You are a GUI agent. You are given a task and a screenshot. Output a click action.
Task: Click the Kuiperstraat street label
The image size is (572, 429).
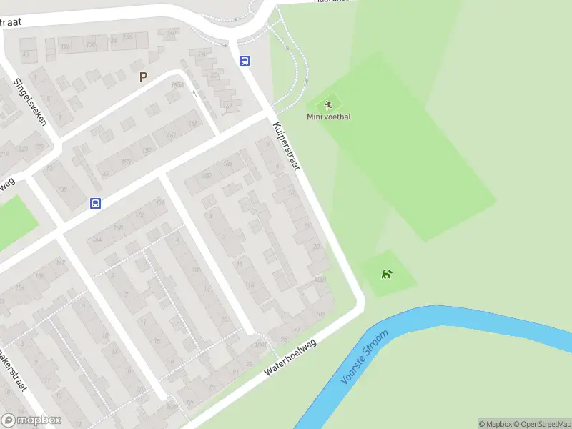[x=286, y=146]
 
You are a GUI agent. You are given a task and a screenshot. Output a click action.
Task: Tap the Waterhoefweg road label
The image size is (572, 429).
[x=290, y=357]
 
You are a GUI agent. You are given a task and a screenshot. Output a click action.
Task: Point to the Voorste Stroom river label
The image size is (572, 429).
[x=365, y=357]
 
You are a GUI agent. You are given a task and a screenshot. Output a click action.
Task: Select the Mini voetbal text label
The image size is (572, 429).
[x=329, y=117]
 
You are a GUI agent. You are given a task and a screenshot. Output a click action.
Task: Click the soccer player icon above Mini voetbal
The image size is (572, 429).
[x=329, y=105]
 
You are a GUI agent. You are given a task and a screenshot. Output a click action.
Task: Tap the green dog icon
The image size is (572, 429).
[x=387, y=274]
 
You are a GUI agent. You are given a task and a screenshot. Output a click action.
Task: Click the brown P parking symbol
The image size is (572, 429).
[x=143, y=77]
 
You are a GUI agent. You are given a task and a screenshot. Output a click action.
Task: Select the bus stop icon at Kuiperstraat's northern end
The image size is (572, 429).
[x=245, y=61]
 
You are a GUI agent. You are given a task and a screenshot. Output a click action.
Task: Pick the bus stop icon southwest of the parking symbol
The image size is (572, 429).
[x=95, y=203]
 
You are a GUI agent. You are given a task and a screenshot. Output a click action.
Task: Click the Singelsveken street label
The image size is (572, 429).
[x=30, y=102]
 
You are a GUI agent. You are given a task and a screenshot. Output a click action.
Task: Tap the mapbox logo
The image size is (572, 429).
[x=30, y=420]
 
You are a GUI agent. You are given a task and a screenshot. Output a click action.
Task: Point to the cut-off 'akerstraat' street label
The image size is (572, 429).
[x=14, y=372]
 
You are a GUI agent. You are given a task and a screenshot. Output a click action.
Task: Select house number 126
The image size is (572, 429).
[x=65, y=47]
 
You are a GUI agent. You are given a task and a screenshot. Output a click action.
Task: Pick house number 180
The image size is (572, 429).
[x=320, y=280]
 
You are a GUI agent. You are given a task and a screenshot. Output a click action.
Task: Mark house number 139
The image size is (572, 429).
[x=61, y=189]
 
